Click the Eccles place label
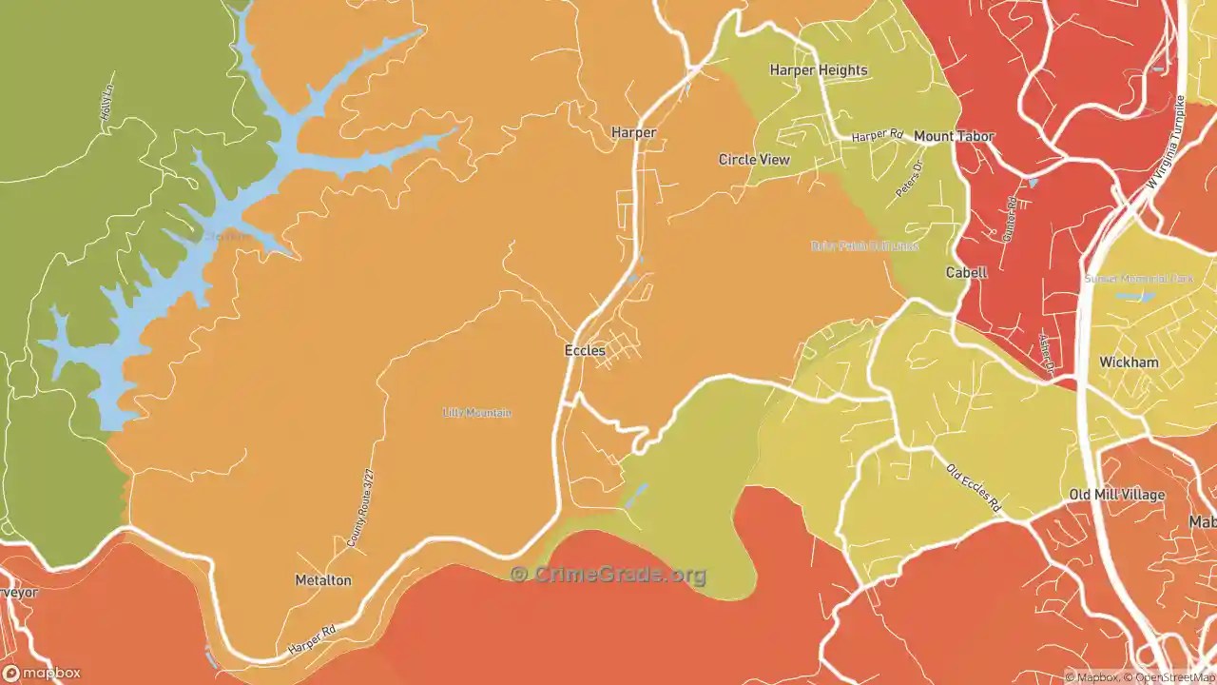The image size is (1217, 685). click(585, 351)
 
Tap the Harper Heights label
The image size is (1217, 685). click(818, 69)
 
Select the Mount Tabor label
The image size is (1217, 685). click(954, 136)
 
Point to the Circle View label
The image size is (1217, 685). click(754, 160)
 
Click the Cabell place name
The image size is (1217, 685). click(966, 272)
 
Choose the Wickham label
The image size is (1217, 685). click(1129, 362)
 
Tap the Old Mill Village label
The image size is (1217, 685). click(1116, 495)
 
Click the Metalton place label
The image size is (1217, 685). click(323, 580)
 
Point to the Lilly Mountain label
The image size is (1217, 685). click(477, 413)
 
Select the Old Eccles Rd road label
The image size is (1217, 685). click(974, 489)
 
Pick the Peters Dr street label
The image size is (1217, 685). click(909, 180)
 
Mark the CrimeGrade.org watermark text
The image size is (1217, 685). click(608, 575)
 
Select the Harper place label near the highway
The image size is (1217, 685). click(633, 132)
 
